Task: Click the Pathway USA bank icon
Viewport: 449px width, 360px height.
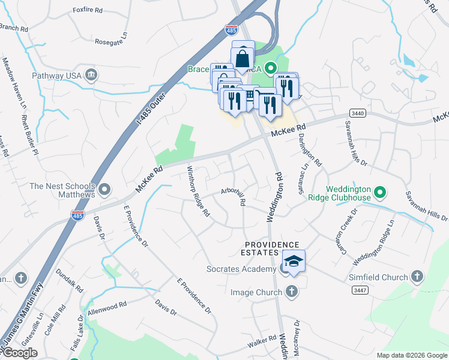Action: tap(91, 74)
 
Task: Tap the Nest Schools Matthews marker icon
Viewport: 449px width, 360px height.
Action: tap(105, 190)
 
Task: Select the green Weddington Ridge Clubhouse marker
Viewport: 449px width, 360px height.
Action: tap(379, 193)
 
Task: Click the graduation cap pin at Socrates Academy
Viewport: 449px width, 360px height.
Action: tap(294, 262)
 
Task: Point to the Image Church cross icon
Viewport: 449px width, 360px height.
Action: tap(291, 292)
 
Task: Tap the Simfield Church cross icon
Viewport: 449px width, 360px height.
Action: tap(417, 277)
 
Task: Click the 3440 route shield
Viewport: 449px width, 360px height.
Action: tap(357, 113)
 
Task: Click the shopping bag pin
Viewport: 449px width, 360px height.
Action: tap(243, 59)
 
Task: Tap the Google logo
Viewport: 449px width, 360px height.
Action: tap(19, 352)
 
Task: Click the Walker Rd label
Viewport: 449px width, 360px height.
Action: tap(261, 344)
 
